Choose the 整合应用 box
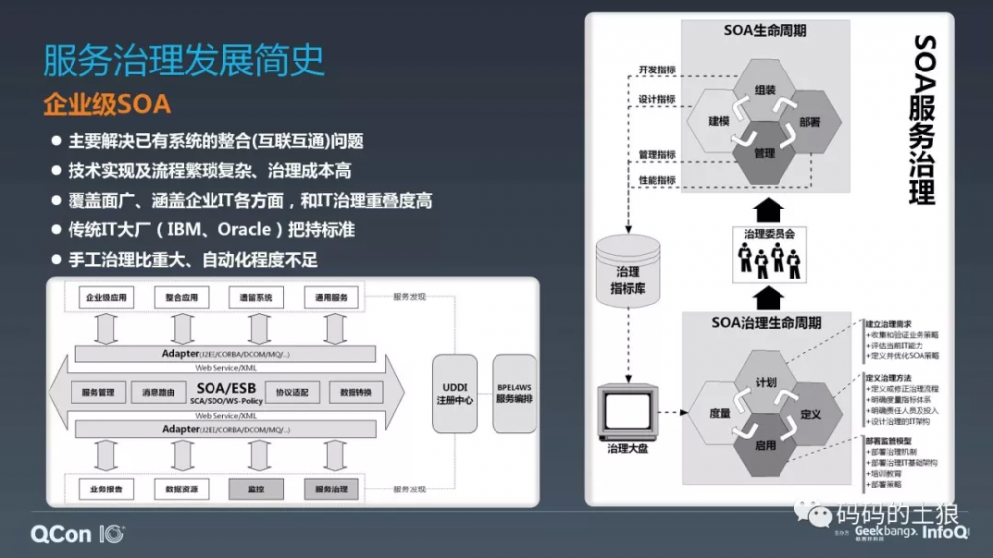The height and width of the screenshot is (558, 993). (182, 298)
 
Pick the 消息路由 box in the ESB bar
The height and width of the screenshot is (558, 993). (160, 392)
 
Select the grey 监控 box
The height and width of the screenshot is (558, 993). (256, 488)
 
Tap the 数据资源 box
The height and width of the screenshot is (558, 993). (181, 488)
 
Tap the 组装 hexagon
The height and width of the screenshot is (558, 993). (764, 91)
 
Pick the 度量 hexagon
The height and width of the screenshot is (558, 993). (720, 413)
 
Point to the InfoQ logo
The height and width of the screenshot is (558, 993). (946, 533)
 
